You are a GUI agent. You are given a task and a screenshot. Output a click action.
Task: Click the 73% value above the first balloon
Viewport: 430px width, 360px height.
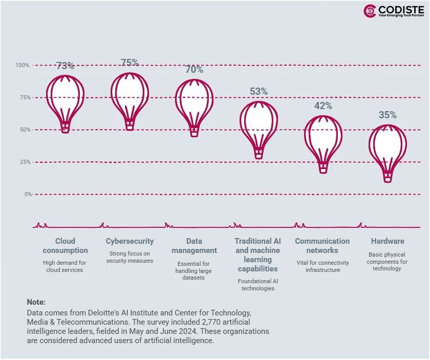(65, 66)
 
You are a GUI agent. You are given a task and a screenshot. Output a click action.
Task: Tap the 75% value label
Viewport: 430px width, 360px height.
(130, 62)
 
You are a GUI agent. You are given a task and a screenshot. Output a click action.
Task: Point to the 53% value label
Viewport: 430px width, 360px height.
(259, 92)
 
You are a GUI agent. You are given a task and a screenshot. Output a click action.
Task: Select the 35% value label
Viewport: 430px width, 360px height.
(388, 115)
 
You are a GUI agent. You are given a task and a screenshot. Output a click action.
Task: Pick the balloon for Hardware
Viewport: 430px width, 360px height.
(388, 149)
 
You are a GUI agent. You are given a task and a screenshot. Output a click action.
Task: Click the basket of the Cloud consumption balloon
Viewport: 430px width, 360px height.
(65, 127)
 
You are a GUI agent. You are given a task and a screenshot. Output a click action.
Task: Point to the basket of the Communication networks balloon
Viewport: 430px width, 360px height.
(323, 167)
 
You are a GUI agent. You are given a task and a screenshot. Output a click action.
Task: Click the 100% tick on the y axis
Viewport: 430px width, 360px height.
(23, 65)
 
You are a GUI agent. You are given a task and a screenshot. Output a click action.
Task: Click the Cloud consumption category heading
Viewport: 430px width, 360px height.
(65, 246)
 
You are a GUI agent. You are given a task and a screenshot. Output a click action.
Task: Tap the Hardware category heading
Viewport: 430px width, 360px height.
(388, 241)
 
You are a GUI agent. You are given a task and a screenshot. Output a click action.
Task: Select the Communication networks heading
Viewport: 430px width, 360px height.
(322, 246)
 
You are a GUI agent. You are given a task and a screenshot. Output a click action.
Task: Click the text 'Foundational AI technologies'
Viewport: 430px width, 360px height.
(258, 285)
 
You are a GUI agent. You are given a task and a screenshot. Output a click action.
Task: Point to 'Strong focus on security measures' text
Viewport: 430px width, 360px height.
(130, 257)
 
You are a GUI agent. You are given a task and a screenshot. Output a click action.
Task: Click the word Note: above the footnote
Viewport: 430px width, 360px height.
(36, 302)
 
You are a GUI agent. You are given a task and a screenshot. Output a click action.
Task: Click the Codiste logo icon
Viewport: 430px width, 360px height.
(370, 11)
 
